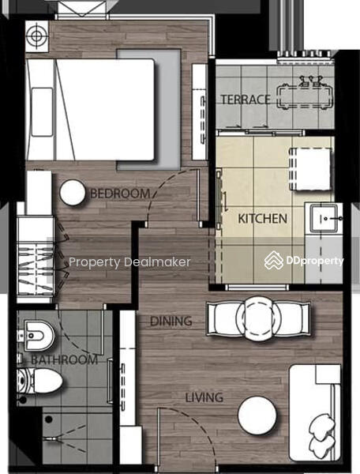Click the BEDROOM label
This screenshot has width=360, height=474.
pyautogui.click(x=120, y=194)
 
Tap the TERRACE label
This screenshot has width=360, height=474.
pyautogui.click(x=246, y=100)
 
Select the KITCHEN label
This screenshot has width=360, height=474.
pyautogui.click(x=262, y=218)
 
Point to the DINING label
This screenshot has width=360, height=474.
pyautogui.click(x=171, y=321)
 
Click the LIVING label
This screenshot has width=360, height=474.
pyautogui.click(x=204, y=397)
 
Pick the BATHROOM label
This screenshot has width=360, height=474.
pyautogui.click(x=64, y=359)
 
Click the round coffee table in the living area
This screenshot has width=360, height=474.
pyautogui.click(x=257, y=416)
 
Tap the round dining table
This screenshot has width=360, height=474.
pyautogui.click(x=258, y=318)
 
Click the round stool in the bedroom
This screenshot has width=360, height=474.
pyautogui.click(x=73, y=193)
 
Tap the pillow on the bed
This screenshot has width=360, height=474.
pyautogui.click(x=42, y=112)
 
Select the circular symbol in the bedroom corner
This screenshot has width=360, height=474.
pyautogui.click(x=37, y=36)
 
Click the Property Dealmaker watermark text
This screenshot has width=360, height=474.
pyautogui.click(x=129, y=262)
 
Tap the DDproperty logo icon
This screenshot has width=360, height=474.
pyautogui.click(x=274, y=260)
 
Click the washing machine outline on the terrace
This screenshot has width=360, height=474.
pyautogui.click(x=305, y=96)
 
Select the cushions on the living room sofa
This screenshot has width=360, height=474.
pyautogui.click(x=322, y=435)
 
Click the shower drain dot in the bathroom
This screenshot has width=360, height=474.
pyautogui.click(x=48, y=419)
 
